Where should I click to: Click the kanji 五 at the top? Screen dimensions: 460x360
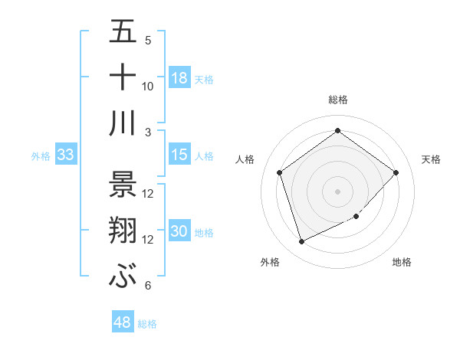[123, 32]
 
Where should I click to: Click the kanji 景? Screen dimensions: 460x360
[123, 185]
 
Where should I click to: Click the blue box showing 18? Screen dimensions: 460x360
[179, 78]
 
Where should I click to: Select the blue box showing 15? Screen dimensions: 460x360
[179, 155]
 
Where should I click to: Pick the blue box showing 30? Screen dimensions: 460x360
[179, 232]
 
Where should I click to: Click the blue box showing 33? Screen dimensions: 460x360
[65, 155]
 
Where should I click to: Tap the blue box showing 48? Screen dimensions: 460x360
[123, 323]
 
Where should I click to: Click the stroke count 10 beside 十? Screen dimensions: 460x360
[148, 87]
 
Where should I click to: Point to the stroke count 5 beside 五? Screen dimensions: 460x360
[148, 41]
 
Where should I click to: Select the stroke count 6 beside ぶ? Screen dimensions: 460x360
[147, 286]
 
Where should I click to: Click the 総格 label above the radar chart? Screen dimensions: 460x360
[338, 100]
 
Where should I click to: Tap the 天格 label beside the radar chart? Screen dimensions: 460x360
[432, 159]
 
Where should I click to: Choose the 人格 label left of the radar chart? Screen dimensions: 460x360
[245, 159]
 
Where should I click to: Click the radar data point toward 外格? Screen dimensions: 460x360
[301, 242]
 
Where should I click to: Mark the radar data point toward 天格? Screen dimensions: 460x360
[396, 172]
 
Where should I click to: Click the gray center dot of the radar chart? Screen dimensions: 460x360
[338, 191]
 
